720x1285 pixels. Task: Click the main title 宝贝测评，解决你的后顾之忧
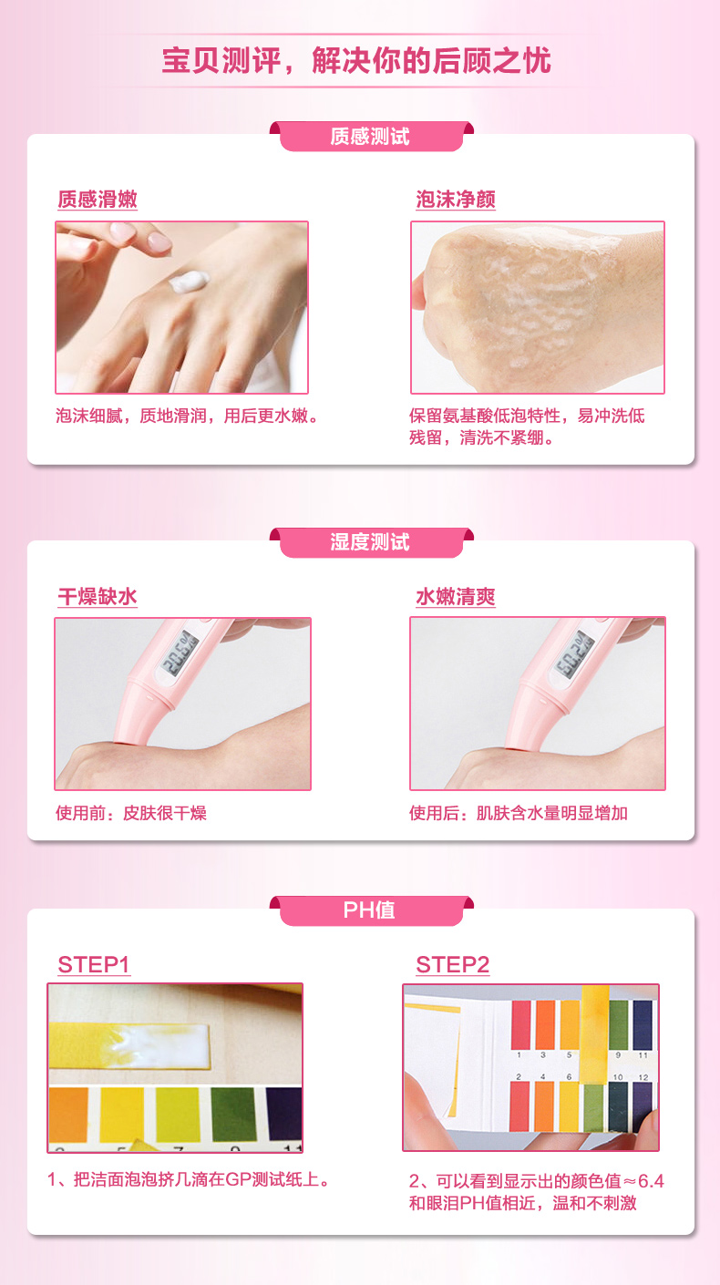click(x=356, y=61)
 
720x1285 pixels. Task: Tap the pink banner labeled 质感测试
click(x=371, y=137)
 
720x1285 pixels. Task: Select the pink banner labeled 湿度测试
click(x=371, y=542)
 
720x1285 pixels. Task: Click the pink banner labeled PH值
click(x=371, y=910)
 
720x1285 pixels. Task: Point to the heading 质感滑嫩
click(x=98, y=199)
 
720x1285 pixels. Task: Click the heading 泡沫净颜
click(x=456, y=199)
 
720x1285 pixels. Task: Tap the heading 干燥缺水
click(x=98, y=597)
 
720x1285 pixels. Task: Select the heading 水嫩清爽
click(x=456, y=597)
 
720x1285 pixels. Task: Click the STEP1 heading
click(x=94, y=965)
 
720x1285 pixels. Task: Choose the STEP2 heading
click(x=453, y=965)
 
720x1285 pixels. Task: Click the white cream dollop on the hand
click(x=189, y=282)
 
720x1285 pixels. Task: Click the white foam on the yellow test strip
click(x=155, y=1044)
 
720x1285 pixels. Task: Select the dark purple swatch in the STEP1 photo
click(x=284, y=1114)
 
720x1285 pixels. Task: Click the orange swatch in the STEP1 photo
click(x=68, y=1114)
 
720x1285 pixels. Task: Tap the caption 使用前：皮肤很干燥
click(x=131, y=813)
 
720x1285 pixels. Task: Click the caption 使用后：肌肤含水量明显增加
click(x=518, y=813)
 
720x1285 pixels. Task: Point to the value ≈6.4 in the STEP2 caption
click(x=643, y=1181)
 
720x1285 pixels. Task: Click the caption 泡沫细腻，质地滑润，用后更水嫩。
click(x=187, y=416)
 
